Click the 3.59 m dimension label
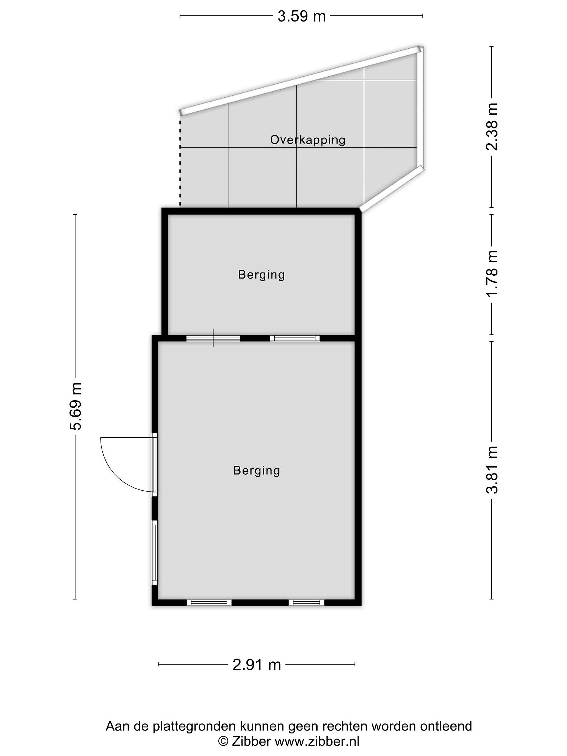[x=301, y=16]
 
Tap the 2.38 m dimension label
[x=492, y=127]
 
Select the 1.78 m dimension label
[x=492, y=274]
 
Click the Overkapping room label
[x=308, y=140]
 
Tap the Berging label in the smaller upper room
[x=261, y=275]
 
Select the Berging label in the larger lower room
[x=257, y=471]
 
